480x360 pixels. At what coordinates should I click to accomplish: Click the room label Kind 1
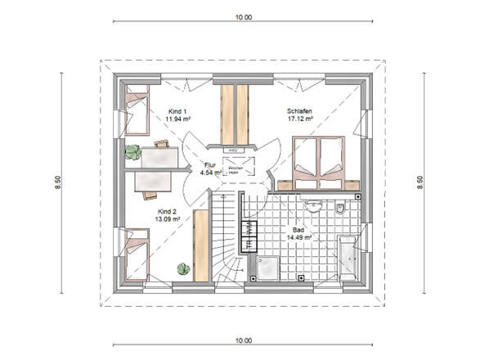pyautogui.click(x=177, y=110)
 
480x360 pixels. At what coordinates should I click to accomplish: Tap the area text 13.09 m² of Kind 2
pyautogui.click(x=166, y=218)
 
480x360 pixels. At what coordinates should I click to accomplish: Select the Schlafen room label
pyautogui.click(x=300, y=110)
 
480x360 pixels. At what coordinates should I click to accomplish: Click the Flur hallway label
pyautogui.click(x=209, y=164)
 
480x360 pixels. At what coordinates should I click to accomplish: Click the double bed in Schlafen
pyautogui.click(x=319, y=159)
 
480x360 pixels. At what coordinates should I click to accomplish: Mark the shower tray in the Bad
pyautogui.click(x=266, y=263)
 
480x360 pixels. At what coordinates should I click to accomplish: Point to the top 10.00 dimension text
pyautogui.click(x=244, y=16)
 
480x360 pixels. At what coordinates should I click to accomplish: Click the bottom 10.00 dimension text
pyautogui.click(x=244, y=340)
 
